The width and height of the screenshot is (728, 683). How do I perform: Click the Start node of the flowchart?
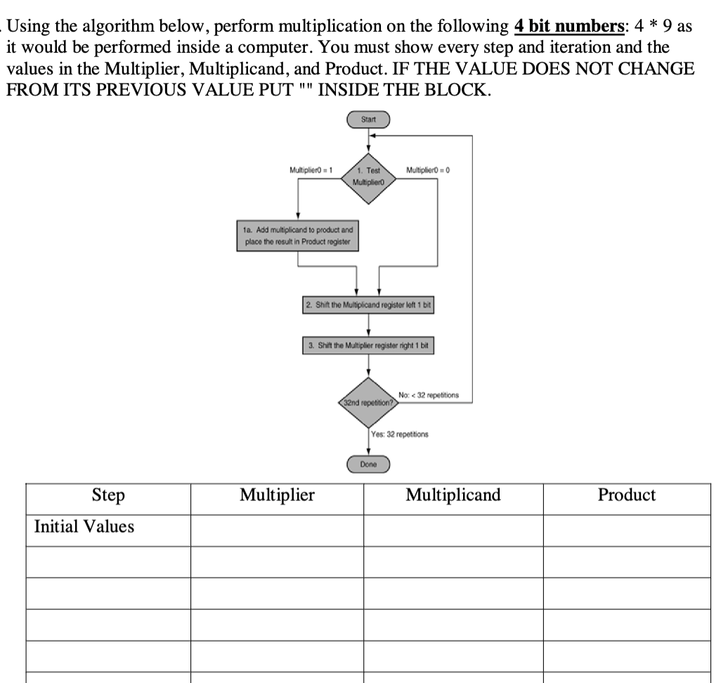point(368,120)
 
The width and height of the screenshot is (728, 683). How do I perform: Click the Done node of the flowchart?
point(368,464)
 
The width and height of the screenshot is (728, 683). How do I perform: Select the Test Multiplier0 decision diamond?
point(368,176)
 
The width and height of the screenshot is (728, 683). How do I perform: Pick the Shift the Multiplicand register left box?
point(368,306)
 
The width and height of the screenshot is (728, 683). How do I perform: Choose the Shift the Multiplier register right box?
point(368,346)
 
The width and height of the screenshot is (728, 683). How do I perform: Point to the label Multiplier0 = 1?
point(311,170)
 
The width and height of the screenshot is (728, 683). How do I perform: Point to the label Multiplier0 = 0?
point(428,170)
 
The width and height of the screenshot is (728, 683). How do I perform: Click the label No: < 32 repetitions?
point(428,396)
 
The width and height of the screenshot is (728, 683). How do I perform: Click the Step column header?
point(108,495)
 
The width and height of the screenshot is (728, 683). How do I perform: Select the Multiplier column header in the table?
point(277,495)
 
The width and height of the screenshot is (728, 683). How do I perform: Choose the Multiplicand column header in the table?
point(453,495)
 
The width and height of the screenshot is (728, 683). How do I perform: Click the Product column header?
point(626,495)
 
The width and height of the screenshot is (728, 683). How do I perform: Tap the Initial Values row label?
point(84,526)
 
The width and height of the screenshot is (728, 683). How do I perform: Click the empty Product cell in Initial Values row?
point(626,530)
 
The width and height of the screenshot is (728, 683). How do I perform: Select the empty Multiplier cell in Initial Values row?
point(277,530)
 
